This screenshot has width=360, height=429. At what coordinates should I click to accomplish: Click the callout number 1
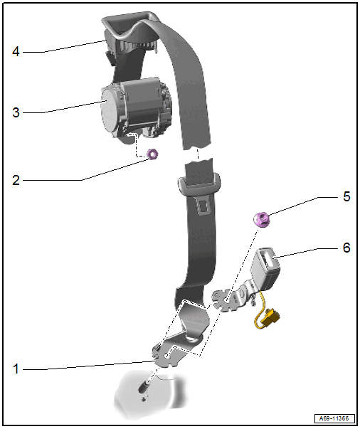(x=16, y=369)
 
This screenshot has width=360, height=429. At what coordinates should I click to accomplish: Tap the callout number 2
(x=16, y=180)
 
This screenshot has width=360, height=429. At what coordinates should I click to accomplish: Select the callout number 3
(x=16, y=112)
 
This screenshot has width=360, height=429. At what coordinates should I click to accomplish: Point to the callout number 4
(x=16, y=52)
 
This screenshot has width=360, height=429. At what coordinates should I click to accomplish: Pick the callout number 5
(x=346, y=196)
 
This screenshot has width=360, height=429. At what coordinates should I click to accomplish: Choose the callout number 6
(x=346, y=248)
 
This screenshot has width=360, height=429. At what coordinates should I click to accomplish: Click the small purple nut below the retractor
(x=152, y=154)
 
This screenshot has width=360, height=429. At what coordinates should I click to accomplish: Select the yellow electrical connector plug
(x=271, y=318)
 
